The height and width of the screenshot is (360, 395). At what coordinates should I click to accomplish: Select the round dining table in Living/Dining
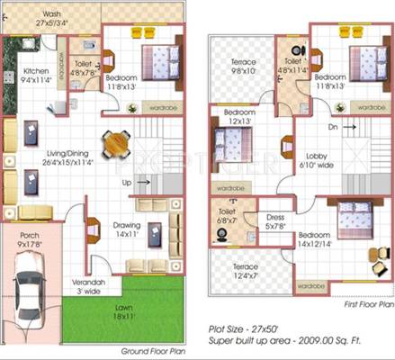click(113, 143)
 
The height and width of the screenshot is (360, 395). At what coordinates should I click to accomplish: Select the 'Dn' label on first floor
click(332, 128)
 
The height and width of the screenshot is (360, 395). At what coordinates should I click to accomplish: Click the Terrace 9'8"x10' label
click(243, 65)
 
